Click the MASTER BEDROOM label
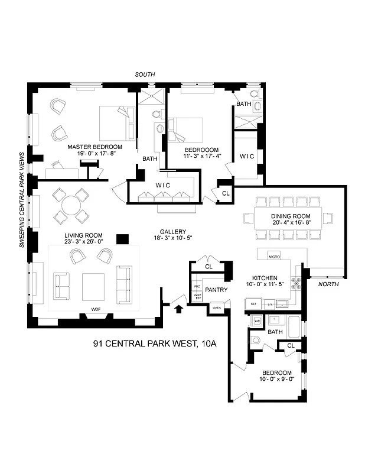[x=94, y=147]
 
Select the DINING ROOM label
[x=291, y=216]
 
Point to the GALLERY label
[x=173, y=231]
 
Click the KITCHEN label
[x=265, y=277]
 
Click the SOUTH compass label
[x=145, y=74]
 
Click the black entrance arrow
[x=179, y=307]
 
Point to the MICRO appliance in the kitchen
[x=273, y=257]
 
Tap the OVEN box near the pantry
[x=216, y=307]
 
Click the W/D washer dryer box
[x=257, y=321]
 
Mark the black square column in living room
[x=122, y=238]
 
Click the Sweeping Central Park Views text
[x=21, y=199]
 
